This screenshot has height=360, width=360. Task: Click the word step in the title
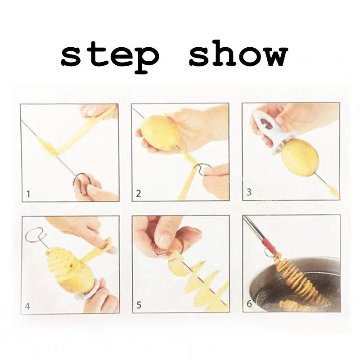pos(110,56)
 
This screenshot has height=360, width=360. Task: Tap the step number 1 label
pos(28,194)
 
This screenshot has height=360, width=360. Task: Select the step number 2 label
pos(139,194)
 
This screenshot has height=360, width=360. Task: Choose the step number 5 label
pos(139,306)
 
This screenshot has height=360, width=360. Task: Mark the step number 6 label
pos(249,304)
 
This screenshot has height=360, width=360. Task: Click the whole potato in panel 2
pos(160,132)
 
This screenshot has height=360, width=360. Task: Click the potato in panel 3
pos(300,157)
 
